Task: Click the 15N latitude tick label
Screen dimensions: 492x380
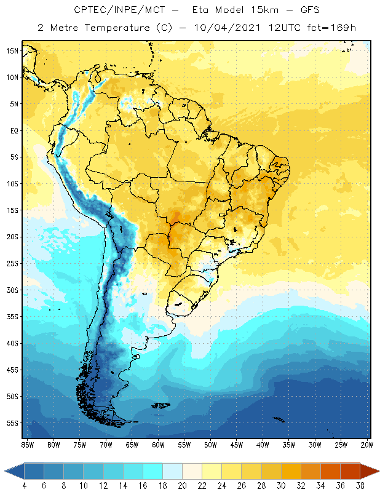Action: tap(12, 50)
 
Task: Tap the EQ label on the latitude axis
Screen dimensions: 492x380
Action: tap(13, 130)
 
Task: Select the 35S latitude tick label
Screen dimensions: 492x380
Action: tap(12, 317)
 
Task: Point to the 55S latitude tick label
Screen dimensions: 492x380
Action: tap(12, 423)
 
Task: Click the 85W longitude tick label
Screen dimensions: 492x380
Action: tap(27, 445)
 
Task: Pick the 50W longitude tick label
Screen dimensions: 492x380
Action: tap(211, 445)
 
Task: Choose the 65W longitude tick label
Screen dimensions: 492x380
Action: tap(132, 445)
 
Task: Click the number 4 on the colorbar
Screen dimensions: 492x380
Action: tap(24, 485)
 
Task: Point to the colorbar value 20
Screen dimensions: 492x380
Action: tap(181, 485)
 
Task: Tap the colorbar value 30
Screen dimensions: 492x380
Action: tap(280, 485)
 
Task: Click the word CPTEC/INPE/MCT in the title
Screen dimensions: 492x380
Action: tap(111, 10)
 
